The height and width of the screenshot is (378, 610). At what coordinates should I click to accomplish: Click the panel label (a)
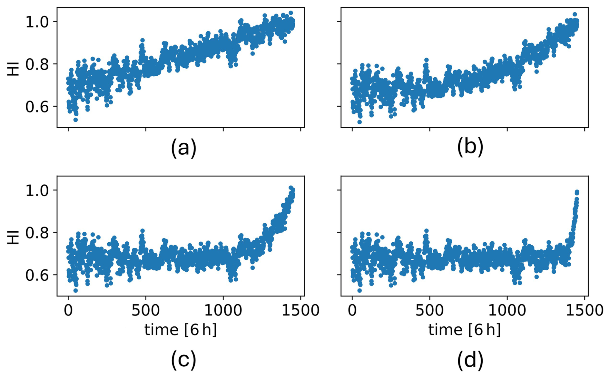pyautogui.click(x=183, y=148)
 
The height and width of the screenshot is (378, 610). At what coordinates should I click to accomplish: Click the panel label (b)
pyautogui.click(x=470, y=147)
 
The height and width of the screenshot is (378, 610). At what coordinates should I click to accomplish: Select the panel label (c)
pyautogui.click(x=183, y=360)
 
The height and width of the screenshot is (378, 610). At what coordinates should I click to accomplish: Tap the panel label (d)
pyautogui.click(x=470, y=360)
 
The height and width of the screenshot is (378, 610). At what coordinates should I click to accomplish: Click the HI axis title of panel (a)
pyautogui.click(x=13, y=69)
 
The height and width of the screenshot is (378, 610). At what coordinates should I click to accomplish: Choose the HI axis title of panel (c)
pyautogui.click(x=13, y=237)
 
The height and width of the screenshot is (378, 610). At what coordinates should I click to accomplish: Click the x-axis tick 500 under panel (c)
pyautogui.click(x=145, y=310)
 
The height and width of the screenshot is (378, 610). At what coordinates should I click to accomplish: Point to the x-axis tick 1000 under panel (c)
pyautogui.click(x=223, y=310)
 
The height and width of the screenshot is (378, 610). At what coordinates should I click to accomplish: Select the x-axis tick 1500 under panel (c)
pyautogui.click(x=300, y=310)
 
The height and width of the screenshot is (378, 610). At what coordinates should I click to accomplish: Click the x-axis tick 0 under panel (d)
pyautogui.click(x=352, y=310)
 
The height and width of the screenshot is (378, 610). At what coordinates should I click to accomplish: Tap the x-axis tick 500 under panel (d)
pyautogui.click(x=429, y=310)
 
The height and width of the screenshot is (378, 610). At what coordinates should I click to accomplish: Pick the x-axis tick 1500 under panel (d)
pyautogui.click(x=584, y=310)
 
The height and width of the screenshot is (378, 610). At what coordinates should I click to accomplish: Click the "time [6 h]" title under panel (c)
pyautogui.click(x=181, y=330)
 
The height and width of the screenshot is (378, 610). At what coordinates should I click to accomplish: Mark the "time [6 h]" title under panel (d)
pyautogui.click(x=465, y=330)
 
